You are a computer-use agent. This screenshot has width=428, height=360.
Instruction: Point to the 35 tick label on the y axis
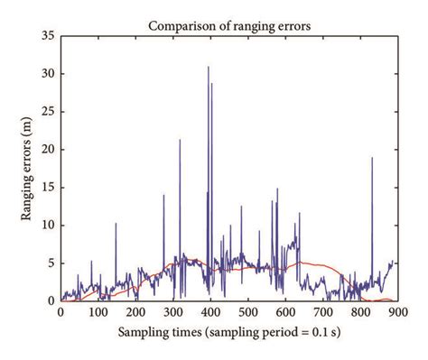click(x=50, y=37)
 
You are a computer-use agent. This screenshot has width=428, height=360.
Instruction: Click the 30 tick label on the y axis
click(x=50, y=75)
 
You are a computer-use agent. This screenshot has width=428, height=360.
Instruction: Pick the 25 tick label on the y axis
click(x=50, y=112)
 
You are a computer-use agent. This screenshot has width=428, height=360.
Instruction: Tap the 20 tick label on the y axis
click(x=50, y=150)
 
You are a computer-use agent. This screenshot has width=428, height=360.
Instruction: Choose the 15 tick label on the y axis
click(x=50, y=188)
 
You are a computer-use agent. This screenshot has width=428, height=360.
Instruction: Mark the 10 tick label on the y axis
click(x=50, y=226)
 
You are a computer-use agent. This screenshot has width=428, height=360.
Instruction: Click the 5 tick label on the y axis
click(x=52, y=263)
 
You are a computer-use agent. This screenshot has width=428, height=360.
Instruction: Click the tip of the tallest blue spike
click(x=208, y=67)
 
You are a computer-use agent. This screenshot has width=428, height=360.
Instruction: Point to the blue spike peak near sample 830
click(x=371, y=158)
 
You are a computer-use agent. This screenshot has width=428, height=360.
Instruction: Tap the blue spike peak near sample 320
click(x=180, y=140)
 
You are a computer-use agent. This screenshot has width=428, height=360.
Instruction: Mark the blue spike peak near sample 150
click(x=116, y=224)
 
